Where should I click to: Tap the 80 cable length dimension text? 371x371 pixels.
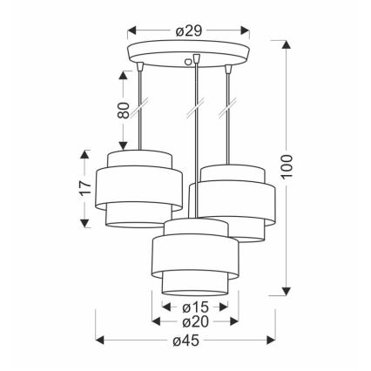click(124, 111)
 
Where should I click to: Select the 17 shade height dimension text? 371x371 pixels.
click(84, 188)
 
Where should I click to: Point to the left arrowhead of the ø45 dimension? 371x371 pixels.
click(98, 340)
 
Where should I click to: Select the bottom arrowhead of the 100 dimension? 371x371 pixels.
click(288, 292)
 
